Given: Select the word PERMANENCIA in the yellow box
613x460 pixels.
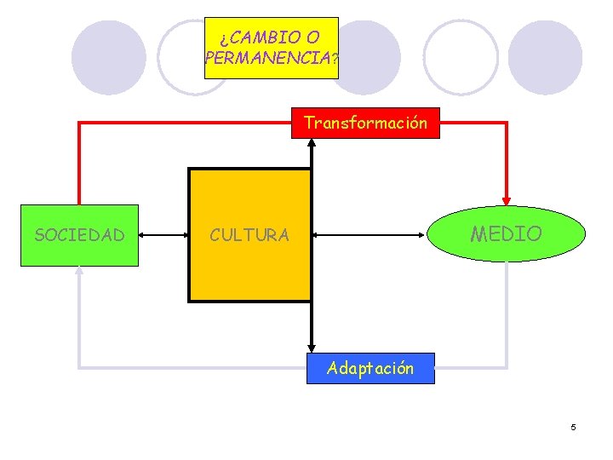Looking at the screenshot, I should coord(267,60).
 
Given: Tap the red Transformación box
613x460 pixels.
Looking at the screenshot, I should coord(365,124).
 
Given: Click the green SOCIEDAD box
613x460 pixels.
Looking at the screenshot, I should coord(79,235).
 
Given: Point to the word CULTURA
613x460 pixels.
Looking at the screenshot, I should coord(249,235).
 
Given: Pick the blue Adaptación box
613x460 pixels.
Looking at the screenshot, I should coord(370,368).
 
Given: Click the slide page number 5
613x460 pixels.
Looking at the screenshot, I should coord(573,426).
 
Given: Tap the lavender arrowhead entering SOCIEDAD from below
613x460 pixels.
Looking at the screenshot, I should coord(79,272).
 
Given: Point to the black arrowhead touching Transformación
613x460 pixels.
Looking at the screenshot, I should coord(312,143).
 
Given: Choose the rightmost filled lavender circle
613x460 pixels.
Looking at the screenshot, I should coord(544,57).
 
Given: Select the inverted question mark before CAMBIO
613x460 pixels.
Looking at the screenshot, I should coord(223,38).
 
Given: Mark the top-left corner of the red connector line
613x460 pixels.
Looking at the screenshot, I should coord(79,123).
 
